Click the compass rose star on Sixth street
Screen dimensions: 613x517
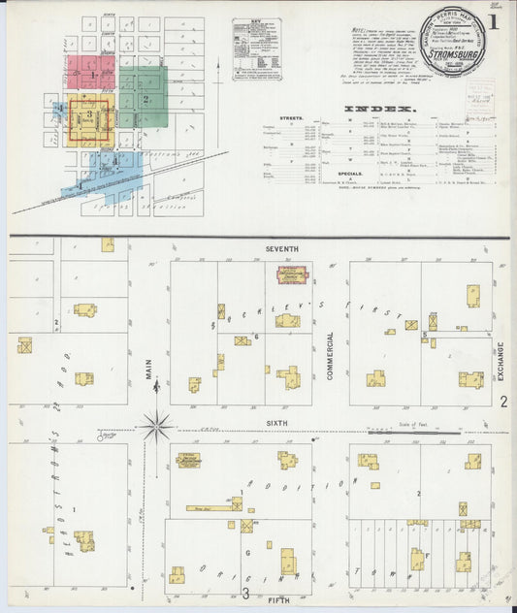pyautogui.click(x=155, y=425)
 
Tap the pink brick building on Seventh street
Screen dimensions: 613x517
pyautogui.click(x=286, y=276)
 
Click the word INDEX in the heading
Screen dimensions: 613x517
pyautogui.click(x=379, y=108)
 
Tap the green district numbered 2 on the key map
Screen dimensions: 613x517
pyautogui.click(x=144, y=99)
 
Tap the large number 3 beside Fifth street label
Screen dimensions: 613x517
pyautogui.click(x=246, y=593)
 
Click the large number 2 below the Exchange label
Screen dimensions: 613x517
pyautogui.click(x=502, y=401)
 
